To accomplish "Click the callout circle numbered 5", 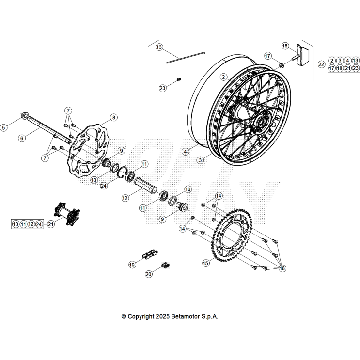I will pyautogui.click(x=4, y=128).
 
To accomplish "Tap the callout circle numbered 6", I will pyautogui.click(x=22, y=138).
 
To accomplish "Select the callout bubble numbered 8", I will pyautogui.click(x=113, y=117).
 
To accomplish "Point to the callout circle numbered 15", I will pyautogui.click(x=205, y=263).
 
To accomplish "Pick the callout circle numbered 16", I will pyautogui.click(x=282, y=269).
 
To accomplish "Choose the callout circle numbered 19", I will pyautogui.click(x=132, y=265).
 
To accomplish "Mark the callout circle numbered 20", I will pyautogui.click(x=149, y=274).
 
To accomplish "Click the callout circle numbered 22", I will pyautogui.click(x=321, y=64).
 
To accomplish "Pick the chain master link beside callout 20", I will pyautogui.click(x=166, y=265).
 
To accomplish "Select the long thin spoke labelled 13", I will pyautogui.click(x=187, y=57).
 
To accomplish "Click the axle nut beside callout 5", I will pyautogui.click(x=23, y=116).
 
